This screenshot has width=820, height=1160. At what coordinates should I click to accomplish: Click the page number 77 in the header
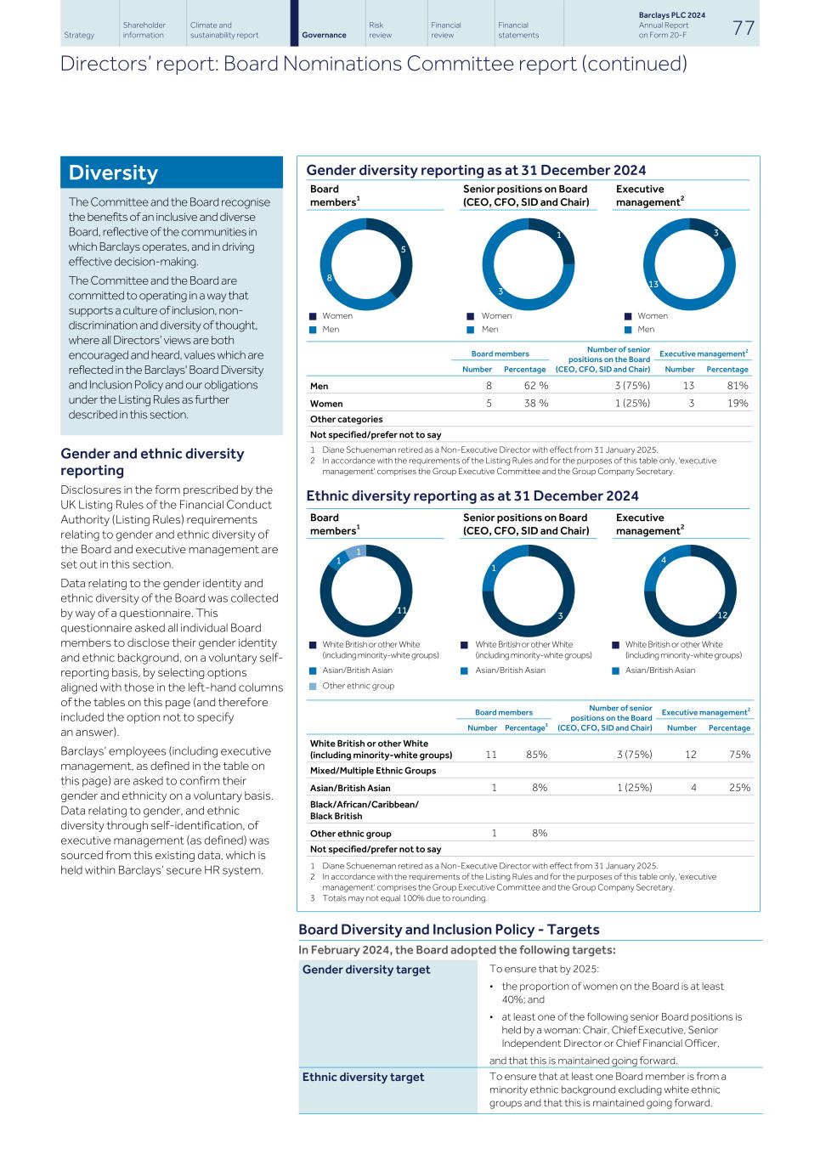[x=744, y=27]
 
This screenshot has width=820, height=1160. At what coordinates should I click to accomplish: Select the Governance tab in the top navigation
[x=324, y=35]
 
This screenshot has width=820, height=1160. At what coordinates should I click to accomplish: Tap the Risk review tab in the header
[x=381, y=31]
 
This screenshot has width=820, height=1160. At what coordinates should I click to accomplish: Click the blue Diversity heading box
[x=171, y=173]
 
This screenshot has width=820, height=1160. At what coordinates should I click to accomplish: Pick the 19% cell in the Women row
[x=738, y=404]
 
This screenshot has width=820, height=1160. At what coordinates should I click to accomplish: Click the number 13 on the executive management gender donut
[x=653, y=284]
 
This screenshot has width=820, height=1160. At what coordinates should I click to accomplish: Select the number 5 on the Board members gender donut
[x=404, y=249]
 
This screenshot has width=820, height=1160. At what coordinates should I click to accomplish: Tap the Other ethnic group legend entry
[x=358, y=686]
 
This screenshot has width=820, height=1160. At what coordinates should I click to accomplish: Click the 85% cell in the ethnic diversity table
[x=536, y=755]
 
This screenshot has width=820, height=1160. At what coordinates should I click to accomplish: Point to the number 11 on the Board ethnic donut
[x=403, y=610]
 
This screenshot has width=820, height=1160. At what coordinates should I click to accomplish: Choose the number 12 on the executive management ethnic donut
[x=722, y=614]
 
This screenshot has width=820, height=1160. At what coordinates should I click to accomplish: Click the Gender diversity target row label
[x=366, y=970]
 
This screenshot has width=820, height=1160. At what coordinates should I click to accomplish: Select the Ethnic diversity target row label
[x=363, y=1077]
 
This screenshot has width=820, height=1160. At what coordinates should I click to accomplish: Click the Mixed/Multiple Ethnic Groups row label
[x=373, y=771]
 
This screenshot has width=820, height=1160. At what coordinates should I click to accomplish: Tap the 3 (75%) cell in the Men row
[x=632, y=386]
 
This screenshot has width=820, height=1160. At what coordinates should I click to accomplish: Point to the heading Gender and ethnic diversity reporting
[x=152, y=461]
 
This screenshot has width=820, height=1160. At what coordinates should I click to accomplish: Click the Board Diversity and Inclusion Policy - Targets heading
[x=449, y=930]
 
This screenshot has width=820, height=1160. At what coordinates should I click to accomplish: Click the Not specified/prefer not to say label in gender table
[x=376, y=434]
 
